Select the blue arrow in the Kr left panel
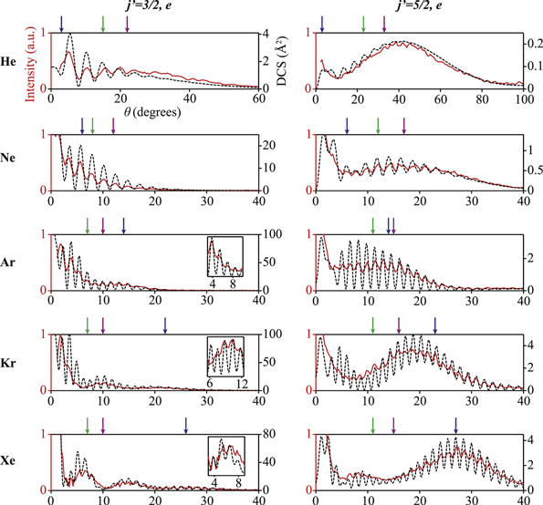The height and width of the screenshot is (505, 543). pyautogui.click(x=165, y=325)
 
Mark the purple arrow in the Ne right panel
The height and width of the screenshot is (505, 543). pyautogui.click(x=404, y=124)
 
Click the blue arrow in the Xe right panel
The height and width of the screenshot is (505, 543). pyautogui.click(x=455, y=425)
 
